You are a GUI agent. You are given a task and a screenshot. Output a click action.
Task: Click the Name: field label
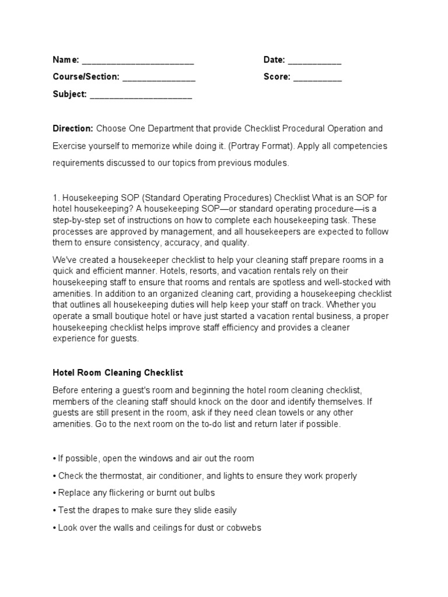click(66, 59)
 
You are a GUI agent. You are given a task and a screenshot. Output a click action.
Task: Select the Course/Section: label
click(86, 77)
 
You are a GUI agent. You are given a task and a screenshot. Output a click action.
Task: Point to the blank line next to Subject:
click(141, 96)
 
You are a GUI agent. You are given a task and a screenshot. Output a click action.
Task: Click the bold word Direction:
click(73, 128)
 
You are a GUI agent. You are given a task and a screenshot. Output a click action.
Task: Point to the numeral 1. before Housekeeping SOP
click(56, 198)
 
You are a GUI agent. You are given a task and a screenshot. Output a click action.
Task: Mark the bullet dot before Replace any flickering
click(54, 493)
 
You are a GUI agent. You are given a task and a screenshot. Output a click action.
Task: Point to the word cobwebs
click(243, 528)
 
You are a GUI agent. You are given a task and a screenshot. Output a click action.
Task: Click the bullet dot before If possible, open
click(54, 458)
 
